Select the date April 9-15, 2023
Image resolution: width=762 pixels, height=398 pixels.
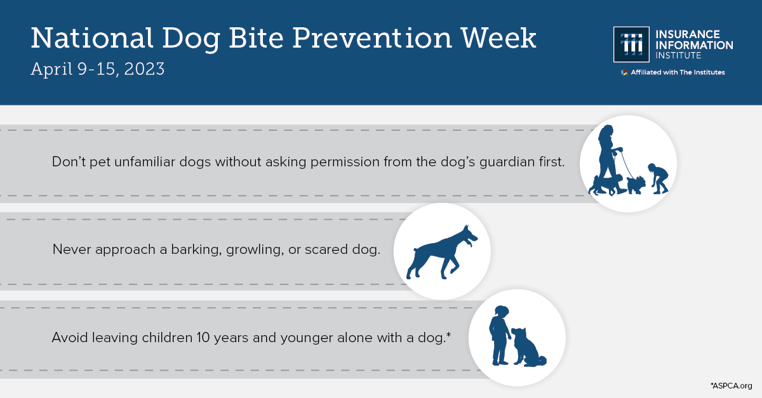[x=98, y=69]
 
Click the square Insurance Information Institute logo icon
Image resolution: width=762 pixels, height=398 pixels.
[x=631, y=44]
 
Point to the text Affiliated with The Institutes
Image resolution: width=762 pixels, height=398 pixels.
[x=677, y=72]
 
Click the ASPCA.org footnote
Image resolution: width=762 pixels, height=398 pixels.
[x=731, y=385]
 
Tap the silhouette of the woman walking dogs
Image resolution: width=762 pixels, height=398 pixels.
[x=606, y=156]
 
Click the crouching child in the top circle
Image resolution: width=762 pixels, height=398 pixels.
[x=657, y=178]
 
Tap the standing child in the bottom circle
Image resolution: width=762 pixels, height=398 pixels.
[x=499, y=333]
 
